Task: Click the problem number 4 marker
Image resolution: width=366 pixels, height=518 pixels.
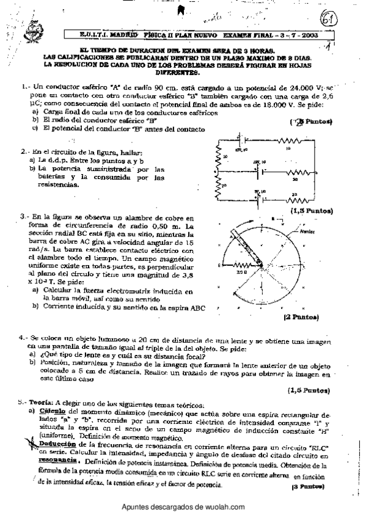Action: tap(22, 337)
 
